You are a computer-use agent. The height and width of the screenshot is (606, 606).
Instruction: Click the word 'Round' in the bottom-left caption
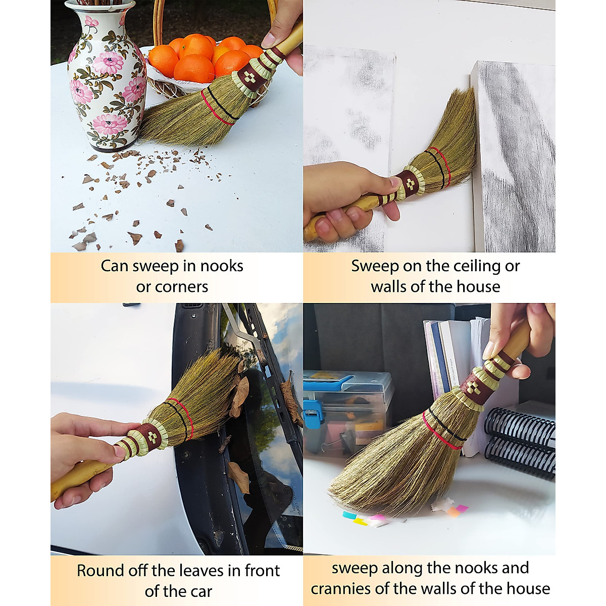pyautogui.click(x=99, y=571)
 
